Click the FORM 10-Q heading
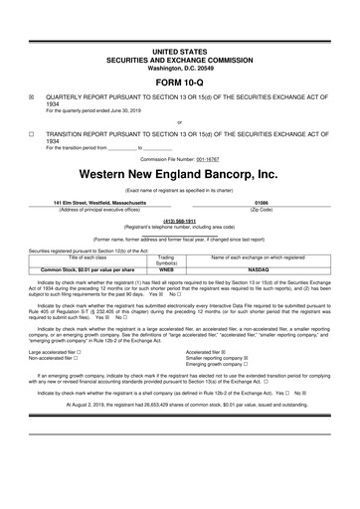point(179,82)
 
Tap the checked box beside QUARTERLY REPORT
point(32,99)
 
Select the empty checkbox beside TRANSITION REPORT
point(32,132)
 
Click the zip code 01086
point(263,202)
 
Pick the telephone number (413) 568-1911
point(179,223)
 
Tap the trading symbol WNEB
point(167,269)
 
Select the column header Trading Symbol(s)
point(167,259)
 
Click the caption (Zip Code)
point(263,209)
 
